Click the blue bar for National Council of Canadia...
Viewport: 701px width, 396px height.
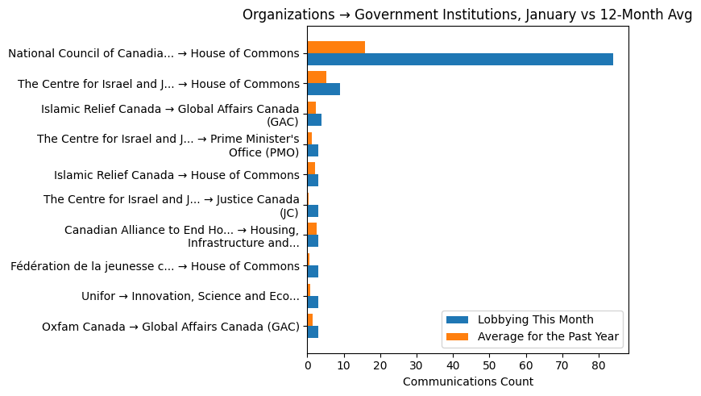tap(459, 59)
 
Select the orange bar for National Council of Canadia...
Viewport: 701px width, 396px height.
tap(336, 47)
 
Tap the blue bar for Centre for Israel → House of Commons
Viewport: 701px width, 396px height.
tap(323, 89)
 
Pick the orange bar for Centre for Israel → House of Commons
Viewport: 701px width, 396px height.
tap(317, 77)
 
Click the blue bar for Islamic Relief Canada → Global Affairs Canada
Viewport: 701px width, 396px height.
tap(314, 119)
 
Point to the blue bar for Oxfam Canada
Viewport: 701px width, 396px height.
tap(313, 331)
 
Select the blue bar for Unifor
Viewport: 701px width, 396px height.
tap(313, 302)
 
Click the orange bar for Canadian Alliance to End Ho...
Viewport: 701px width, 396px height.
tap(312, 229)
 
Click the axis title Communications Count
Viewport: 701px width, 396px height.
tap(467, 381)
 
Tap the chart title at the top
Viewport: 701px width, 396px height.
tap(467, 15)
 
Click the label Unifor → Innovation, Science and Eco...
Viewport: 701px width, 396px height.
tap(190, 296)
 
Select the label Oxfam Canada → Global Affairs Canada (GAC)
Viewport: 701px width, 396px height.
tap(170, 327)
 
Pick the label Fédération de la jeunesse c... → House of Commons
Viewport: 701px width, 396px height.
tap(155, 266)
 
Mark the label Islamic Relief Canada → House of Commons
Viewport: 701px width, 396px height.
tap(176, 175)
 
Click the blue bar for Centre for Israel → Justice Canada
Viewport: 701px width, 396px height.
tap(313, 211)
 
